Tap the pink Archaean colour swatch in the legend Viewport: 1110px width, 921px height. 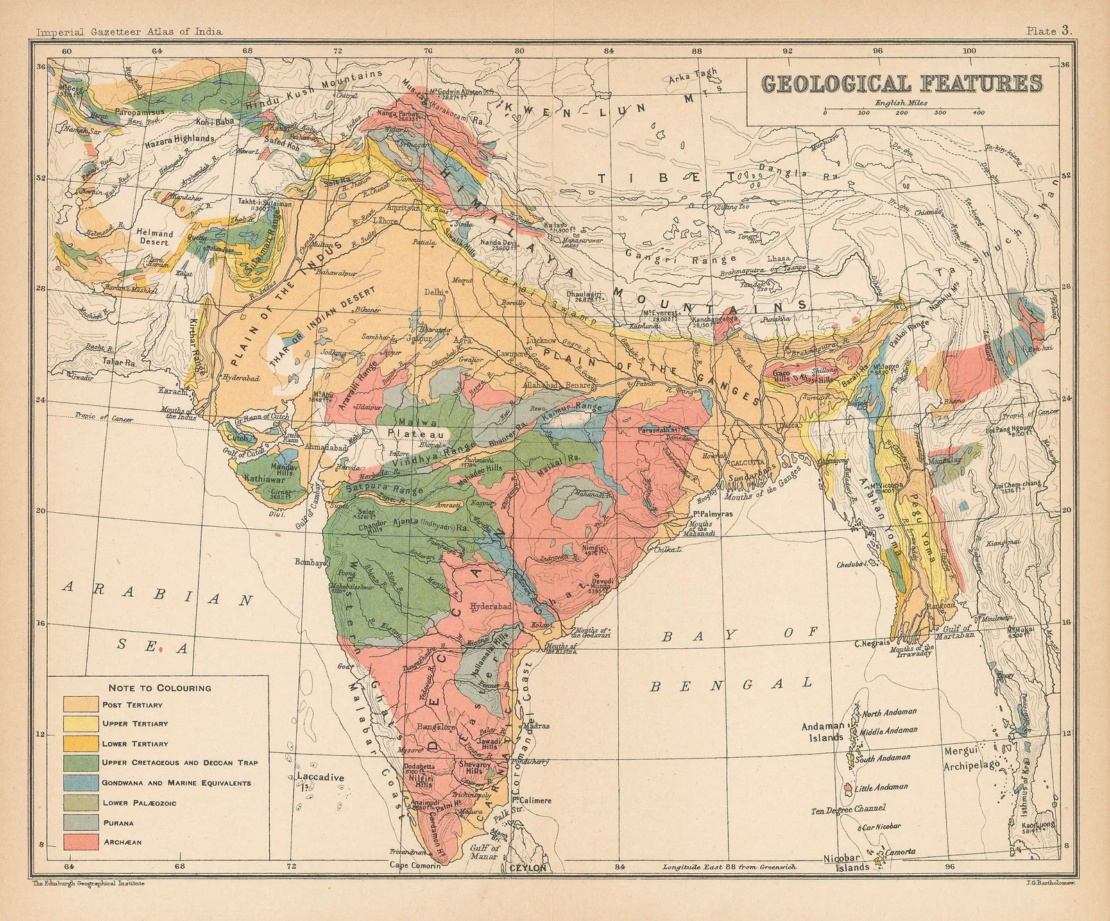pos(80,843)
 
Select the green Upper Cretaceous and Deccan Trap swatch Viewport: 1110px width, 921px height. pos(80,763)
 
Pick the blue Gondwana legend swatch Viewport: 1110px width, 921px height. pos(80,783)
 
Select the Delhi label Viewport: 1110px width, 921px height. pos(433,292)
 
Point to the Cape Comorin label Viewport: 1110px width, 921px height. pos(415,866)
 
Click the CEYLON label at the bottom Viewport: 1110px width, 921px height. pos(529,868)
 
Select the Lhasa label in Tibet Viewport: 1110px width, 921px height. pos(778,258)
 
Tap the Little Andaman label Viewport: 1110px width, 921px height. pos(881,787)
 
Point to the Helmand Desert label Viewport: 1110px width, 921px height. pos(155,238)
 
